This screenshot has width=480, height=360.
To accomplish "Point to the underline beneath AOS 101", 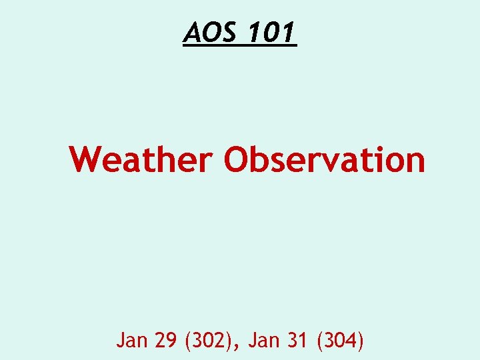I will (x=240, y=46).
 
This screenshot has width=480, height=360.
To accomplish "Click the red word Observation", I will (x=324, y=159).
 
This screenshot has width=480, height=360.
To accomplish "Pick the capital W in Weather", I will (x=85, y=159).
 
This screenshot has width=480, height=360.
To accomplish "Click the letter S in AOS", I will (x=229, y=31).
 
